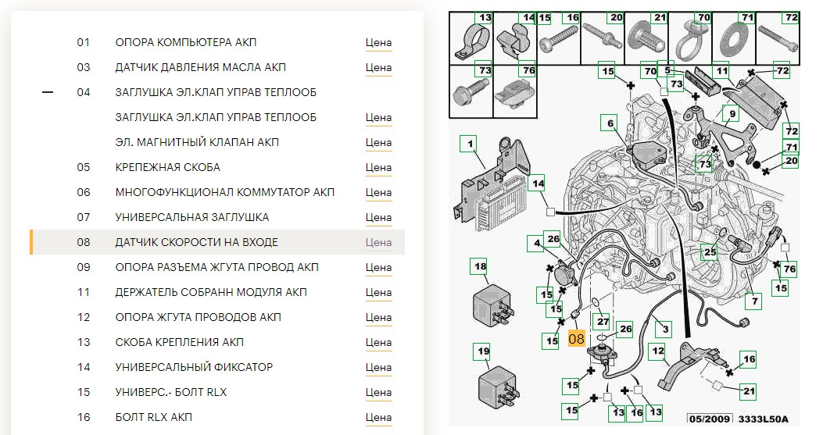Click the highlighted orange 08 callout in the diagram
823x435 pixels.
(x=576, y=339)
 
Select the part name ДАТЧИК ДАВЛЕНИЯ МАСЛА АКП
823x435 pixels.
(x=201, y=67)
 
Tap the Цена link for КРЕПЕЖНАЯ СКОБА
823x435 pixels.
(x=378, y=167)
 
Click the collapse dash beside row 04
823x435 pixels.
(x=48, y=92)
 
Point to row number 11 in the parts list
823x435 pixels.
(x=84, y=292)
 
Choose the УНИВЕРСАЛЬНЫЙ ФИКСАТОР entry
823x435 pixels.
(x=194, y=367)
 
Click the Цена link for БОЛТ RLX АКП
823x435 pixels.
(x=378, y=417)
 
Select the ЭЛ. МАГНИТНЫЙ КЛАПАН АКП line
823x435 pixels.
(x=197, y=142)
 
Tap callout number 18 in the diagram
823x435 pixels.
(x=480, y=266)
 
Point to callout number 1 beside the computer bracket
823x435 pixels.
(x=470, y=144)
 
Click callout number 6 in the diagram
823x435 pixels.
(x=610, y=124)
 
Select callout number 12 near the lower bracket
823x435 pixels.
(x=657, y=351)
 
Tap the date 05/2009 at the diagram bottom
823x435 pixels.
(x=709, y=419)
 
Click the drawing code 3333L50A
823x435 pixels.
(x=763, y=419)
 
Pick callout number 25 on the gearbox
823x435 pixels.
(x=710, y=252)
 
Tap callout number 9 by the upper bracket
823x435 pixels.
(x=732, y=113)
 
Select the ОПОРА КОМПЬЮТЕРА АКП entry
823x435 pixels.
(x=186, y=42)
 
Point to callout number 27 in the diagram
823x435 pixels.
(x=603, y=321)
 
